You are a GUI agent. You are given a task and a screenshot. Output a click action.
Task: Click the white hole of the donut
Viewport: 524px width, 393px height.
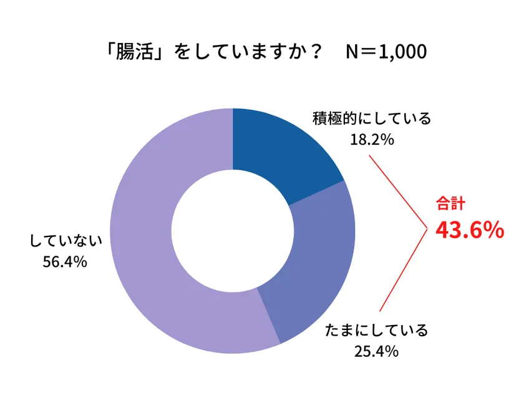click(x=232, y=231)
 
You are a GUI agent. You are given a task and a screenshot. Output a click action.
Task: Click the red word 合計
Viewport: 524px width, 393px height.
click(x=450, y=204)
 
